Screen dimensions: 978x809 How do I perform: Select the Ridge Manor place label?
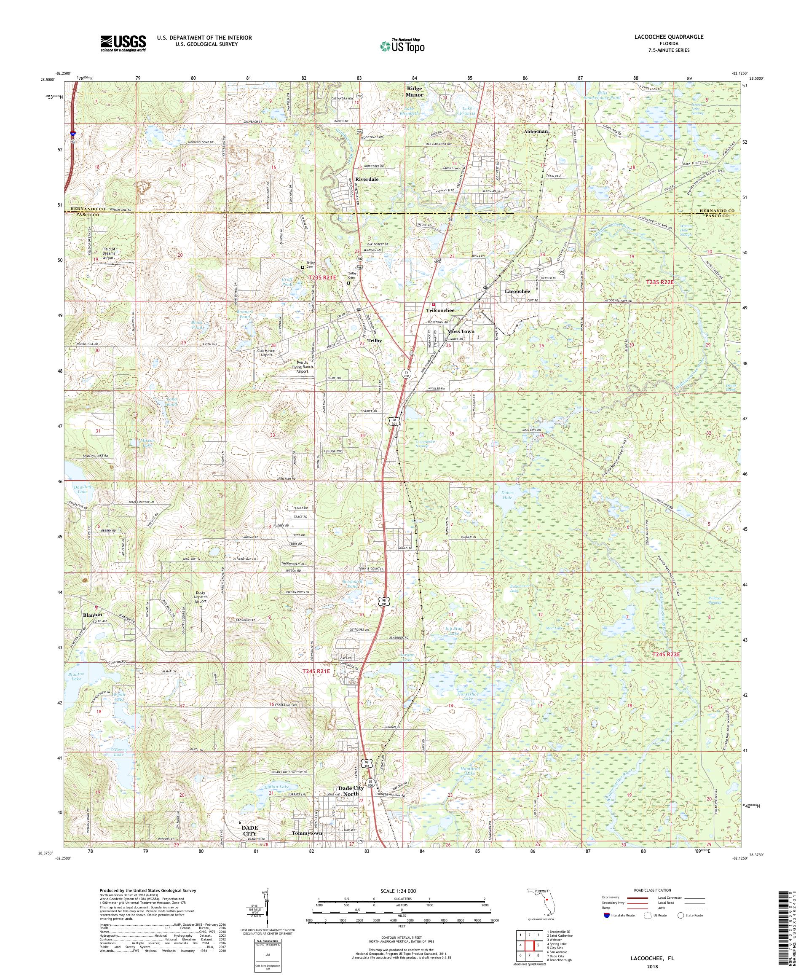(x=414, y=91)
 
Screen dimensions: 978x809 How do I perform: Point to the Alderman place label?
(x=536, y=132)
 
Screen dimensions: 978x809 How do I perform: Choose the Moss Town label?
(x=461, y=332)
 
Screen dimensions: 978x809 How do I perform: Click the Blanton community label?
(x=92, y=615)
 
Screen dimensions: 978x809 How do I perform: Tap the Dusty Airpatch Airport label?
(x=200, y=597)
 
